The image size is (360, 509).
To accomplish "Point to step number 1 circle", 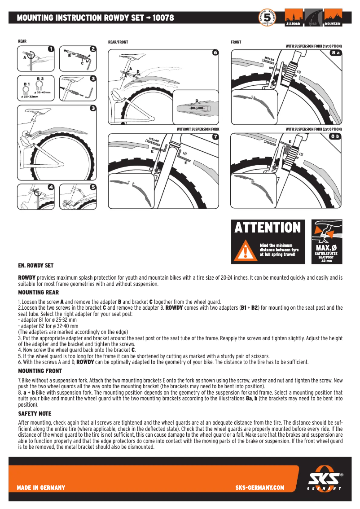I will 51,48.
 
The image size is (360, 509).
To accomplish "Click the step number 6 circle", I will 215,53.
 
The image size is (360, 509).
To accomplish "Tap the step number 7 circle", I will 215,136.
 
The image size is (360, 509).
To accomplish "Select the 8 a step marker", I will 336,53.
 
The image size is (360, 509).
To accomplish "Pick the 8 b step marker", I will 336,136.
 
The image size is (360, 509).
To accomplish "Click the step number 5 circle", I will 93,187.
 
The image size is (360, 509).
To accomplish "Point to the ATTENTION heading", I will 268,228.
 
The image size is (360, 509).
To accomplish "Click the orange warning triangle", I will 245,250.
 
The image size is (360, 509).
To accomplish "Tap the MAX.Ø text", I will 326,248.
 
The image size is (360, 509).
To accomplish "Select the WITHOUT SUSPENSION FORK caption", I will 198,129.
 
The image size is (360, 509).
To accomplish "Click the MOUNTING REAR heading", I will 38,292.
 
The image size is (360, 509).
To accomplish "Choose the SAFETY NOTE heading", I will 35,413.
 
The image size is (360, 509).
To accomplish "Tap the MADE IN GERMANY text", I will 41,487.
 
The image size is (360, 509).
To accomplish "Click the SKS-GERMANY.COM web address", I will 259,487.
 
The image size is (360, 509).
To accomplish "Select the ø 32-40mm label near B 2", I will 42,92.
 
